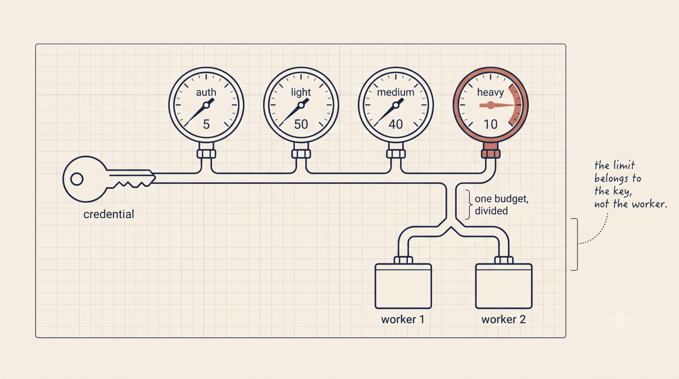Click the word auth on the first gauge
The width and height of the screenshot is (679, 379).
tap(206, 92)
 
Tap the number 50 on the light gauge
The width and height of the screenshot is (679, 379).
tap(301, 124)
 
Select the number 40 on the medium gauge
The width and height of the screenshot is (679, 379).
tap(396, 124)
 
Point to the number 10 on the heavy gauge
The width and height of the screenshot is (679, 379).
tap(491, 124)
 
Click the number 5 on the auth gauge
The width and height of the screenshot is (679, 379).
tap(206, 124)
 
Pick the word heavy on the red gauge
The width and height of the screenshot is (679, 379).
tap(491, 92)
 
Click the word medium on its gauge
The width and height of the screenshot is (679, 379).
tap(396, 92)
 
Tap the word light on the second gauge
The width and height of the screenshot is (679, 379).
tap(301, 92)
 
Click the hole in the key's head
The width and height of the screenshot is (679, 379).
tap(77, 179)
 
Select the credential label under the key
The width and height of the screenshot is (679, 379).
tap(109, 214)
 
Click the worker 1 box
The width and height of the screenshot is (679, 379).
tap(403, 286)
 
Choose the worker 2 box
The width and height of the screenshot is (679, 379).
tap(504, 286)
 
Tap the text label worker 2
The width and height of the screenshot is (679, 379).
tap(503, 319)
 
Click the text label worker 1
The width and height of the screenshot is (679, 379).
tap(403, 319)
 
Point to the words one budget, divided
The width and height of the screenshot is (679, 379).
tap(501, 205)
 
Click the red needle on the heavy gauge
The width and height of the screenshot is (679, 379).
tap(497, 106)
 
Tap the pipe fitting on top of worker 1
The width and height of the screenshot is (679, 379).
tap(403, 260)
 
